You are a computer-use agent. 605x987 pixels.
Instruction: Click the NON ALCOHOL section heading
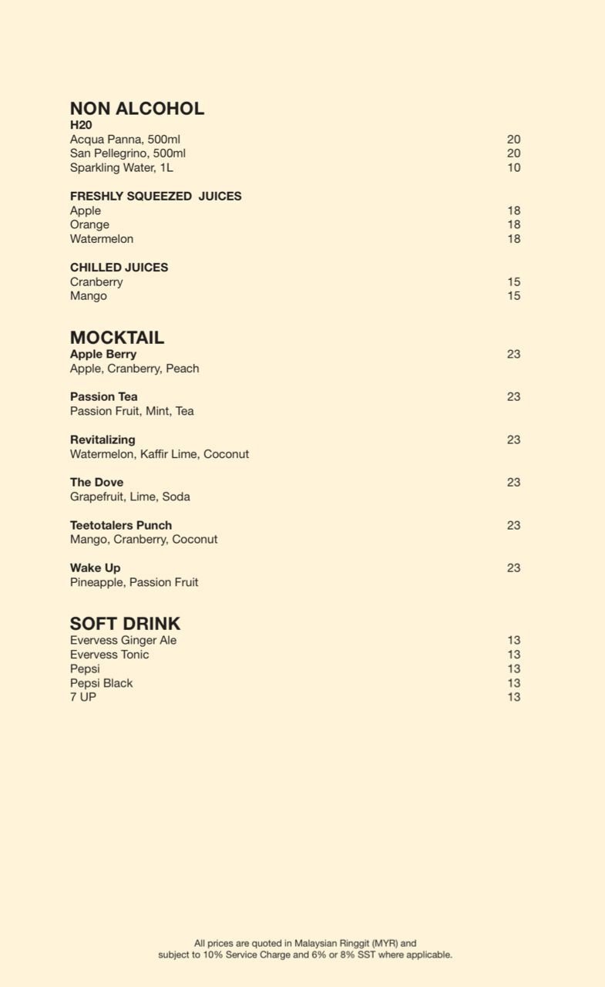[136, 109]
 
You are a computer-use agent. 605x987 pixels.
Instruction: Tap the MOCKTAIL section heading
[116, 338]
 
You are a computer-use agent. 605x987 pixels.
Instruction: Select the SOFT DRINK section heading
[125, 624]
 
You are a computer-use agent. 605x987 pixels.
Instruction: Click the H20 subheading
[81, 125]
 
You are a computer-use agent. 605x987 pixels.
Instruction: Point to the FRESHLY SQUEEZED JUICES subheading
[156, 196]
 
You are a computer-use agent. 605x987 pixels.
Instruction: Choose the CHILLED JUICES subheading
[119, 268]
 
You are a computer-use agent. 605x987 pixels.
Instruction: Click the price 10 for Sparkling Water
[513, 167]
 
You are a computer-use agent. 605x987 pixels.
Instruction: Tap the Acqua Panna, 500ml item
[125, 140]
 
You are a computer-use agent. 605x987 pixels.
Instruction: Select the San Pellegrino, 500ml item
[127, 153]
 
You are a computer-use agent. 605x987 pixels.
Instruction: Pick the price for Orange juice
[513, 224]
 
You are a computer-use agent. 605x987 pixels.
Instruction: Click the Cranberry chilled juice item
[96, 281]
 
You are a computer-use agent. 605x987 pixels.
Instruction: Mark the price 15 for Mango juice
[513, 296]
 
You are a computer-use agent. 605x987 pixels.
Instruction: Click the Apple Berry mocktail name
[103, 354]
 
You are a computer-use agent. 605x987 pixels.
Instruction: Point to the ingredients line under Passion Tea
[132, 411]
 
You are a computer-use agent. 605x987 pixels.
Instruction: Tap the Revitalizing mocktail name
[103, 440]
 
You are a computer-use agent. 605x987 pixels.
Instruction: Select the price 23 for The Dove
[513, 482]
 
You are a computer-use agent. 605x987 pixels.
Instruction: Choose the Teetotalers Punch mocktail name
[121, 525]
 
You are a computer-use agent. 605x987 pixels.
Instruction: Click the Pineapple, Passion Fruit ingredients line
[134, 582]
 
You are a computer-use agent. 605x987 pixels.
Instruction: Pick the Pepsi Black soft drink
[101, 683]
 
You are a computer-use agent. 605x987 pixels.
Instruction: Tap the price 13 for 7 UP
[513, 697]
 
